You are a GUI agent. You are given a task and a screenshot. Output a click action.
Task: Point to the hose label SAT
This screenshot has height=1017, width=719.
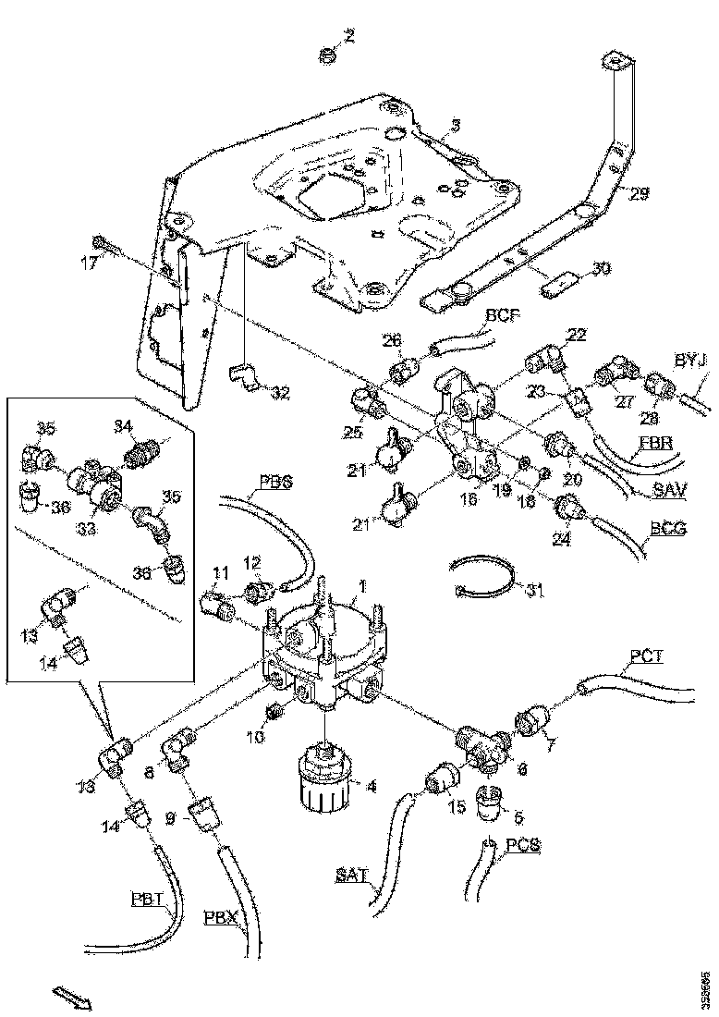coord(350,875)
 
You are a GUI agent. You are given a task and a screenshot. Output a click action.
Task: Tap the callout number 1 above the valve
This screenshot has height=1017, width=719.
coord(363,586)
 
